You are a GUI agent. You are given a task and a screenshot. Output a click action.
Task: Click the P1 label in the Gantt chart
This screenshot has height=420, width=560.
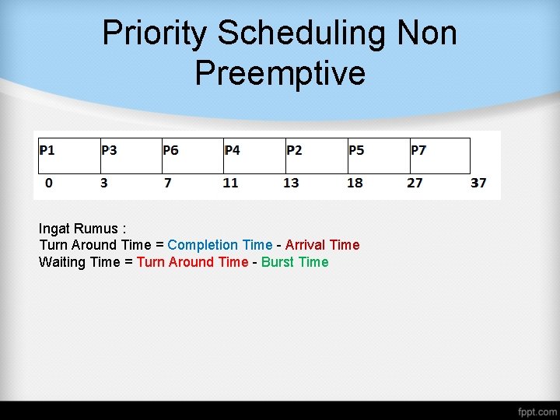47,149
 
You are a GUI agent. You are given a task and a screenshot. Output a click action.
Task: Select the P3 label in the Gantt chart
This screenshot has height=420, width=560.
109,149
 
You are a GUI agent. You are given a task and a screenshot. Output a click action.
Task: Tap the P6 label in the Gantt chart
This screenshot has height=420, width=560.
170,149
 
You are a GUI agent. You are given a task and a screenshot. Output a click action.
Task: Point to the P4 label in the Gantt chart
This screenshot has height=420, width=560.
232,149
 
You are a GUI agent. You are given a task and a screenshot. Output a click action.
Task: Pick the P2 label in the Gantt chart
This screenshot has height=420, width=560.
294,149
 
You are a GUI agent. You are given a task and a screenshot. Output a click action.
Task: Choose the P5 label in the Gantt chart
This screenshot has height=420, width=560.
355,149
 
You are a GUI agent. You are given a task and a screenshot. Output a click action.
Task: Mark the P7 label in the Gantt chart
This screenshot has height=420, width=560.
418,149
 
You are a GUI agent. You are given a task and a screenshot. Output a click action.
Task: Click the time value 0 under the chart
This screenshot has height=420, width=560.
49,183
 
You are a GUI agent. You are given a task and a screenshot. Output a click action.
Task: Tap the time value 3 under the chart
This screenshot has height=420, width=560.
105,183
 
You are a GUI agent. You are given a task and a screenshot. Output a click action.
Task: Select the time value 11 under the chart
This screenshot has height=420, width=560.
230,183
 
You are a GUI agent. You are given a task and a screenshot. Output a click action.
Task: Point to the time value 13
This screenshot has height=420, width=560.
291,183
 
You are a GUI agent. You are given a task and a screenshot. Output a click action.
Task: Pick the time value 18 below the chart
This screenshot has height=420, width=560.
355,183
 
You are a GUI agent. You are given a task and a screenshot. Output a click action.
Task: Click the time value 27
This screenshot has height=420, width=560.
415,183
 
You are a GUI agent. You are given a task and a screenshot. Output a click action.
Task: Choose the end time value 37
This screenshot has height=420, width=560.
478,183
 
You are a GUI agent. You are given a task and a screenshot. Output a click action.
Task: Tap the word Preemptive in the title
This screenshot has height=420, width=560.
280,72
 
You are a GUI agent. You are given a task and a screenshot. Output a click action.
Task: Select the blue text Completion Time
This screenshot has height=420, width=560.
220,245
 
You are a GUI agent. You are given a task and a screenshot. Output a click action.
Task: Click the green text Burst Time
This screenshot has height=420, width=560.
295,262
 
